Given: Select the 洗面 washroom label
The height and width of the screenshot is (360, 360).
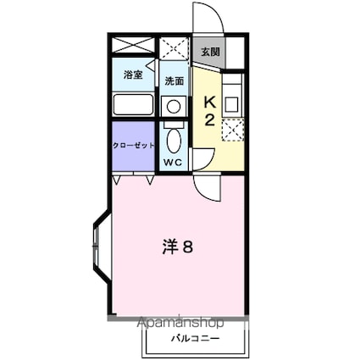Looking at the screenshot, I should [x=174, y=81].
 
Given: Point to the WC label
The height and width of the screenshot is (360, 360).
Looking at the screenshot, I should [x=174, y=161].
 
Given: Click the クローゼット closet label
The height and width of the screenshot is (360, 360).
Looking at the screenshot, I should [x=135, y=145].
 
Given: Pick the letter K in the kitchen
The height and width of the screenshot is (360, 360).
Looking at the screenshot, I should [x=208, y=102].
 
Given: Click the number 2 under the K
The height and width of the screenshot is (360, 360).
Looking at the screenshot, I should [x=208, y=119].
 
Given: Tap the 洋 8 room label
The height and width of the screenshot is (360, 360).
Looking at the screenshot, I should [x=180, y=247].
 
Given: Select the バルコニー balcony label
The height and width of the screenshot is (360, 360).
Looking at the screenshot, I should [x=198, y=337].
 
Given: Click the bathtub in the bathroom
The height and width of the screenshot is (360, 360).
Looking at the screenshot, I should [x=132, y=105].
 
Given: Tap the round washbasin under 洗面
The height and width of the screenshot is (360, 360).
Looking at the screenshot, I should [x=173, y=106].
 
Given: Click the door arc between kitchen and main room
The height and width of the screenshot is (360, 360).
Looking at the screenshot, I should [x=206, y=187].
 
